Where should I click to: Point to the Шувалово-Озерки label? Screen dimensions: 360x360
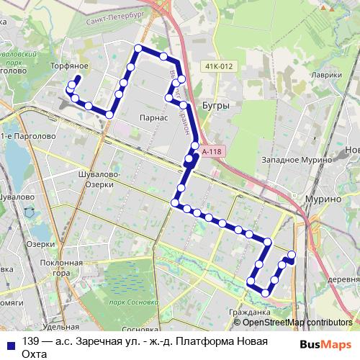click(x=96, y=179)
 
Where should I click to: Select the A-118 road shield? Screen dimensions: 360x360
click(x=212, y=152)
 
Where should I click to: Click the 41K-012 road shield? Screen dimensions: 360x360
click(x=219, y=67)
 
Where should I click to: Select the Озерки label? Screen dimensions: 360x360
click(x=41, y=244)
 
